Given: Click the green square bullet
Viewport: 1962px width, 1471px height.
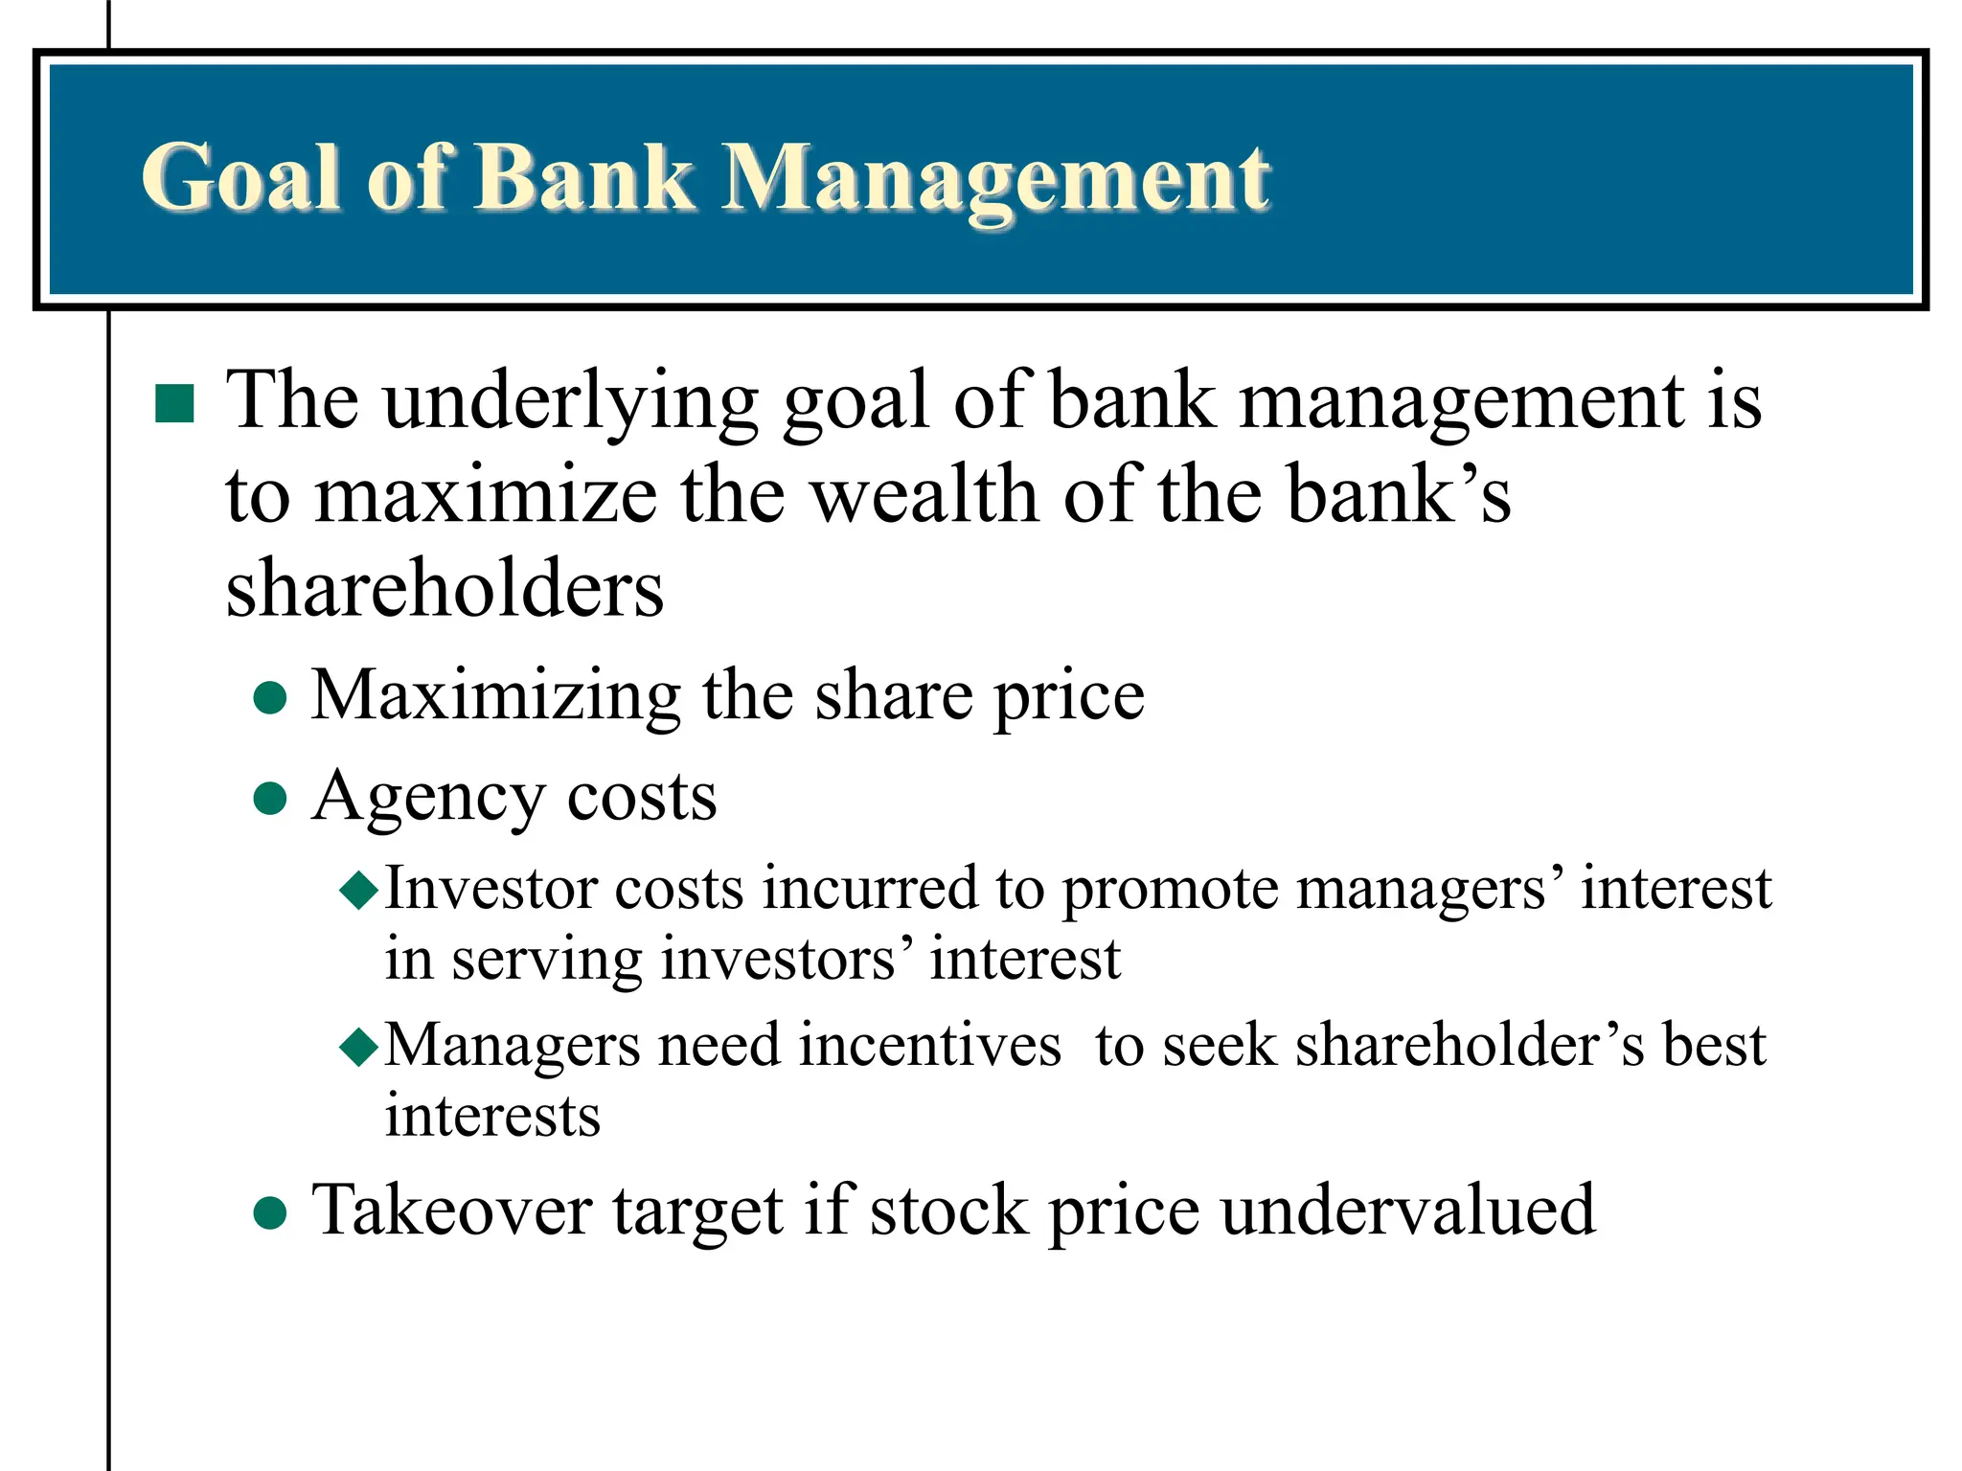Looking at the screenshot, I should tap(174, 404).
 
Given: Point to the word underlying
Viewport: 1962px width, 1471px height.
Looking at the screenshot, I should tap(571, 402).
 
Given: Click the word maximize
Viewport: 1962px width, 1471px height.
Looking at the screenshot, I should tap(487, 496).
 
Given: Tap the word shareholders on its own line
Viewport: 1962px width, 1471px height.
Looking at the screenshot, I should tap(445, 588).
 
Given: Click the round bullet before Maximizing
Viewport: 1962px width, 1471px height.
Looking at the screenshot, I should tap(270, 698).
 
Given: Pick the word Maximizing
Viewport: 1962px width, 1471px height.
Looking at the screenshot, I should tap(495, 697).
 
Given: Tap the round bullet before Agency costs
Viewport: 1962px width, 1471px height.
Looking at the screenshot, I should tap(270, 798).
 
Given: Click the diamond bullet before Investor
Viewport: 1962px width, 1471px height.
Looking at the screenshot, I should tap(360, 891).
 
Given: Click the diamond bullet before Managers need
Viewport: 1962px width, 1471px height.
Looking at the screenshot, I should tap(360, 1047).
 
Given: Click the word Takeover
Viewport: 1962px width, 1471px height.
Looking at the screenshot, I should tap(451, 1211).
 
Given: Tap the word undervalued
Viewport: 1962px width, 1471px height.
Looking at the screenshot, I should tap(1407, 1211).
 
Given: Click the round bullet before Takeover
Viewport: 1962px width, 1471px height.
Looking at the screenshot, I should tap(270, 1213).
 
